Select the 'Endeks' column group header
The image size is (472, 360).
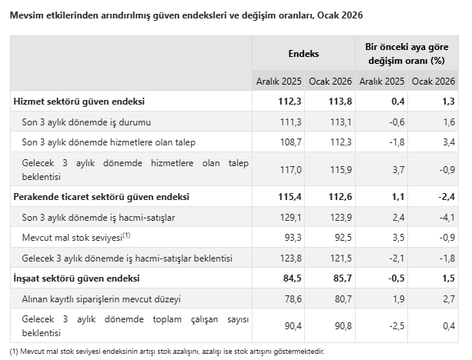pos(303,54)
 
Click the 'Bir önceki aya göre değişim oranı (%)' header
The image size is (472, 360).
pos(407,54)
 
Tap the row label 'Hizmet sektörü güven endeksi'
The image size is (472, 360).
pos(79,102)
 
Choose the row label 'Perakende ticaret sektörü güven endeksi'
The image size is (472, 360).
pos(101,197)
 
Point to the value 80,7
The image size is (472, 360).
pos(341,297)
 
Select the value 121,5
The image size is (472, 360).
pos(340,258)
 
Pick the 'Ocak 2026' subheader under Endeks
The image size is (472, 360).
pos(330,81)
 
